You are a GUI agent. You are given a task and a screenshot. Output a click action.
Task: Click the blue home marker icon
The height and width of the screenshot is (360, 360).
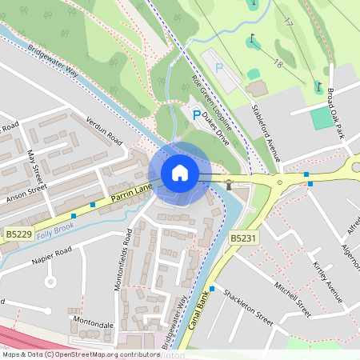click(x=180, y=173)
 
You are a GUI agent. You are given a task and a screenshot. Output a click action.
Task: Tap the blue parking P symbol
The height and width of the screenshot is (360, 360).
click(x=197, y=116)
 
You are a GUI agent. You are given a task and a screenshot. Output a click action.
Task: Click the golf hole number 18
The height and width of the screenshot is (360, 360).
click(x=279, y=63)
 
